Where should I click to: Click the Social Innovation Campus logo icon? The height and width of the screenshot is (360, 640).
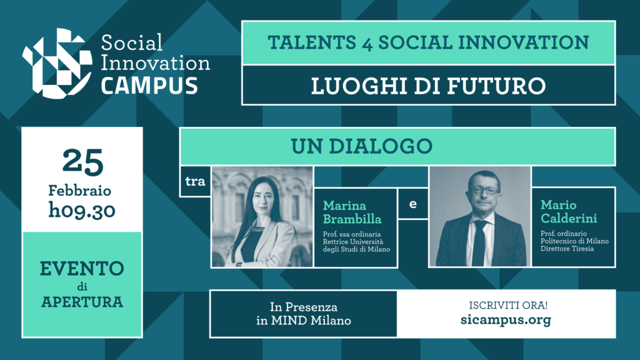pyautogui.click(x=57, y=62)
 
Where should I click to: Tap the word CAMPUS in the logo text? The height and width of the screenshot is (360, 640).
pyautogui.click(x=149, y=85)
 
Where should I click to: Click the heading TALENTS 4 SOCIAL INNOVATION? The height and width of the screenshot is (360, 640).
pyautogui.click(x=428, y=42)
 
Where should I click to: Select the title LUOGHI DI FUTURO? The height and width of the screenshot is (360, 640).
pyautogui.click(x=428, y=85)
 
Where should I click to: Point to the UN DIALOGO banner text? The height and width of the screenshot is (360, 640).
pyautogui.click(x=362, y=146)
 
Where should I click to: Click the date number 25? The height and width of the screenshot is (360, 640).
pyautogui.click(x=82, y=163)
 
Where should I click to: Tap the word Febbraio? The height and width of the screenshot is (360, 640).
pyautogui.click(x=82, y=190)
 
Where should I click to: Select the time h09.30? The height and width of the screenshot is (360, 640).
pyautogui.click(x=82, y=211)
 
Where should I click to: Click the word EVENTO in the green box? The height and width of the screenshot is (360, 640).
pyautogui.click(x=82, y=269)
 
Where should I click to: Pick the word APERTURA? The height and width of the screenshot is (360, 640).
pyautogui.click(x=82, y=302)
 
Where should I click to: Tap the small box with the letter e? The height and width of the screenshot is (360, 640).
pyautogui.click(x=412, y=204)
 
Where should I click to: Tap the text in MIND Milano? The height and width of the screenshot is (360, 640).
pyautogui.click(x=303, y=321)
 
